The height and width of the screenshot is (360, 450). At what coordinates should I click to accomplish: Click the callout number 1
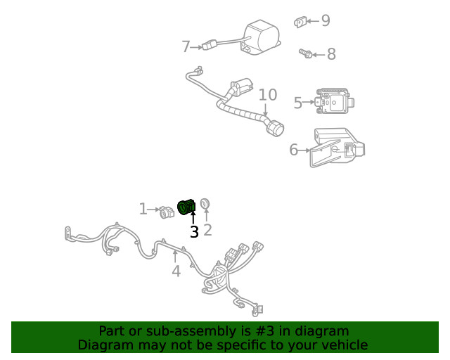(x=143, y=209)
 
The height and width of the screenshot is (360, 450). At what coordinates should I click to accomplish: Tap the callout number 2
(x=207, y=230)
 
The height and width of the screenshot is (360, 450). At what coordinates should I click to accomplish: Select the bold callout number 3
(x=194, y=231)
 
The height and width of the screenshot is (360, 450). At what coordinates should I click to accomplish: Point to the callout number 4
(x=176, y=271)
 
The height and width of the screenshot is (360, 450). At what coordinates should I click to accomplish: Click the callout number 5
(x=298, y=103)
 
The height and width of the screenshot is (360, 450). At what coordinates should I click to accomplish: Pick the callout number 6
(x=294, y=149)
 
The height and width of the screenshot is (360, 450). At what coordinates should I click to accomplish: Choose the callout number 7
(x=186, y=47)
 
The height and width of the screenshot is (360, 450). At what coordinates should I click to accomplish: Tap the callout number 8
(x=330, y=54)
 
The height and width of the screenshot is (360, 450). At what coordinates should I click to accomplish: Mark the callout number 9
(x=325, y=20)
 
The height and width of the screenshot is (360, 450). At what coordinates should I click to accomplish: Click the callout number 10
(x=267, y=95)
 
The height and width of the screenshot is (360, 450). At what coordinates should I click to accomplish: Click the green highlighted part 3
(x=188, y=207)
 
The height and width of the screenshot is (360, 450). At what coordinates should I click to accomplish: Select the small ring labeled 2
(x=205, y=204)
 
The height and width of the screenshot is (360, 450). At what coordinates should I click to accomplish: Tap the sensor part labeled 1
(x=167, y=211)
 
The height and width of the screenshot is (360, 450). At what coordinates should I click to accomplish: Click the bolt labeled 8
(x=305, y=53)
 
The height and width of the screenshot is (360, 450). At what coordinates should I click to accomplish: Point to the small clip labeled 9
(x=299, y=22)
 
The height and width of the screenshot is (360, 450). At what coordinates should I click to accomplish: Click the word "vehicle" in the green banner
(x=344, y=345)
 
